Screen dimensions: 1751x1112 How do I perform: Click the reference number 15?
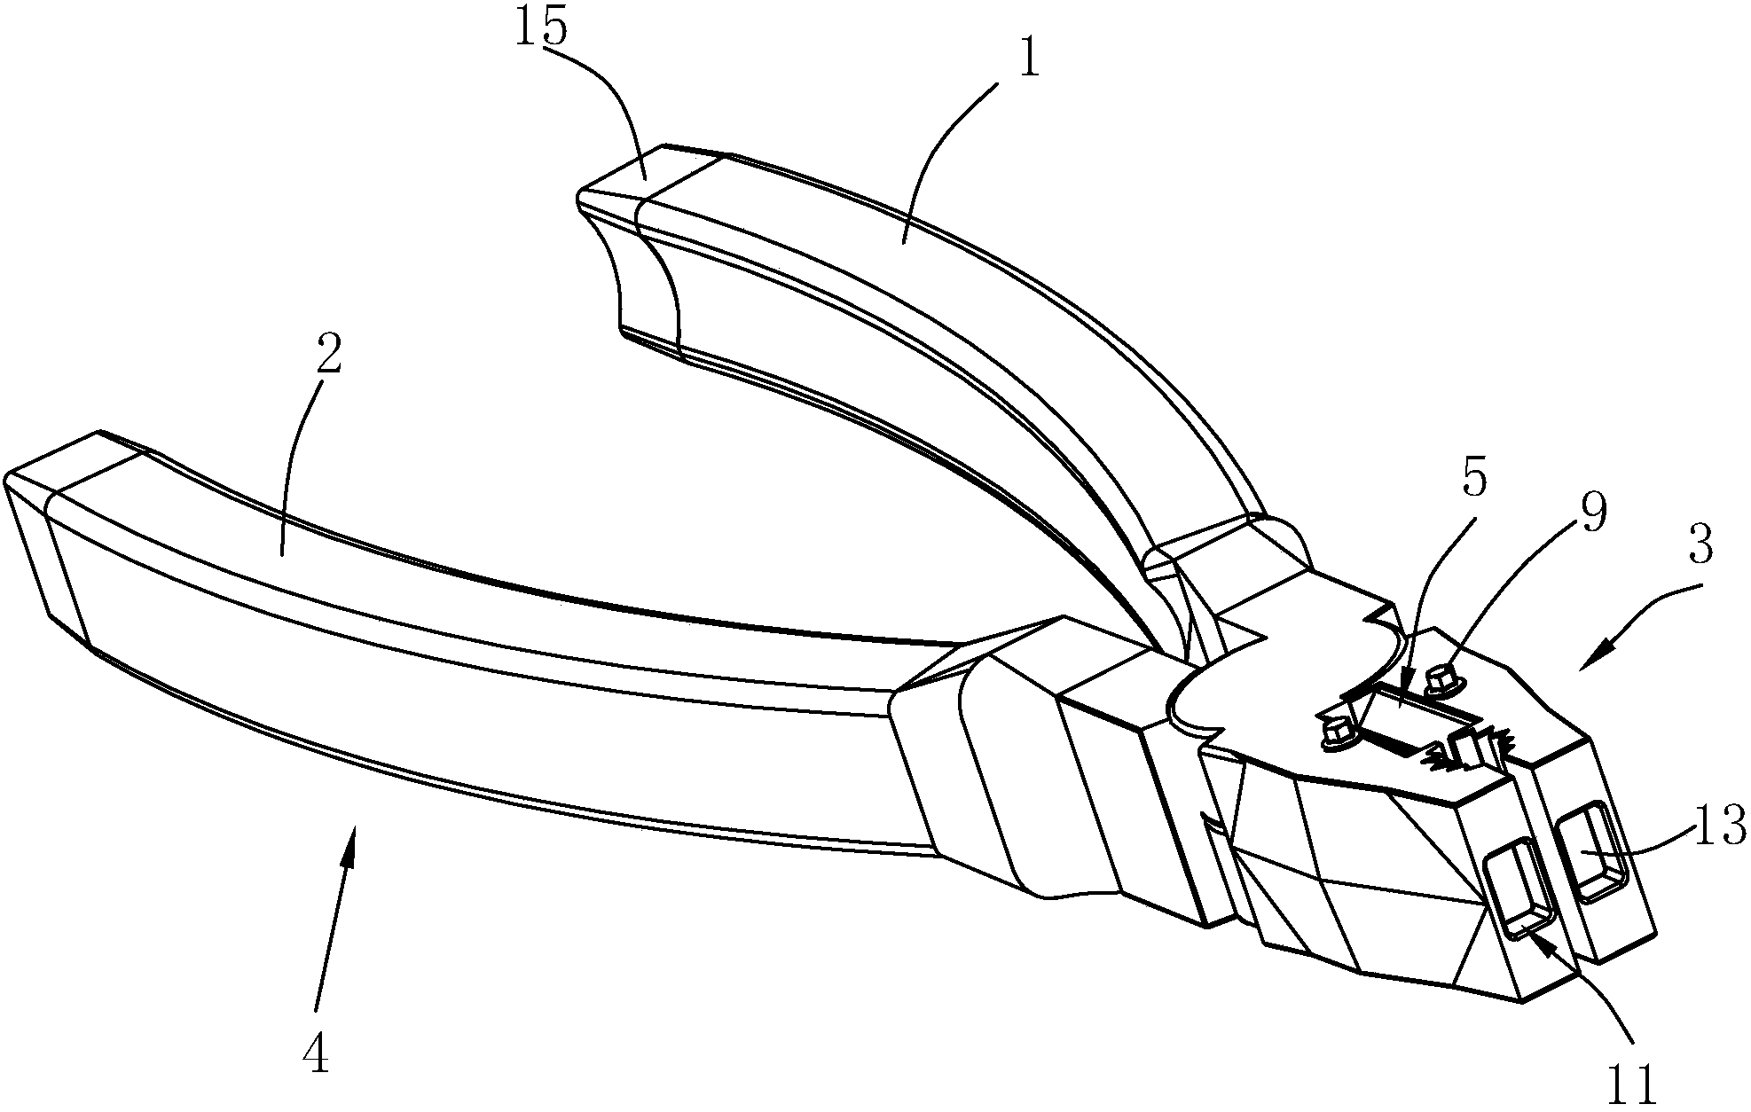[539, 27]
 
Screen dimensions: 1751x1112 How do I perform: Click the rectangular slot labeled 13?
[1594, 851]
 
